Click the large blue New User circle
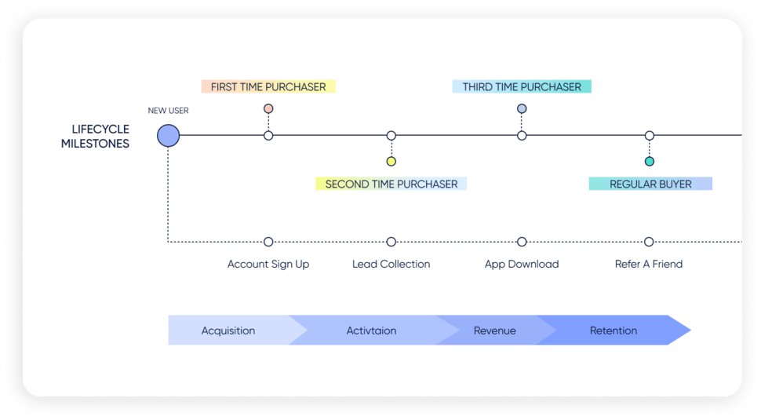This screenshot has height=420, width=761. click(x=168, y=136)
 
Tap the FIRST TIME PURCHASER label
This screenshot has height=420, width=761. click(x=268, y=86)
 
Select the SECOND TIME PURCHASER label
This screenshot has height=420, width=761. click(x=391, y=184)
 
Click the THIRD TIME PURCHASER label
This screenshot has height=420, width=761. click(x=522, y=86)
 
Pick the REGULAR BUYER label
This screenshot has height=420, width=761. click(x=650, y=184)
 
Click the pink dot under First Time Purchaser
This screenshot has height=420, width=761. click(x=268, y=109)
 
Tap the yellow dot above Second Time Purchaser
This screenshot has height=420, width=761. click(x=391, y=162)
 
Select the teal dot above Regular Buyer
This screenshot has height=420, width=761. click(x=649, y=162)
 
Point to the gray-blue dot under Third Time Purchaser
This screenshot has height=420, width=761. click(x=522, y=109)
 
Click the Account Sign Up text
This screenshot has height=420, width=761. click(x=268, y=265)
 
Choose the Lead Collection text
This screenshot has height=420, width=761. click(x=391, y=265)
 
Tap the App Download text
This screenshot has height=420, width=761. click(x=522, y=265)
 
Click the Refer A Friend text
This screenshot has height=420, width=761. click(x=649, y=265)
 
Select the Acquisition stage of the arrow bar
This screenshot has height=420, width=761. click(x=228, y=331)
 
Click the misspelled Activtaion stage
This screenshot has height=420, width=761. click(x=371, y=331)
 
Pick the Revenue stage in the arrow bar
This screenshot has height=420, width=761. click(x=495, y=331)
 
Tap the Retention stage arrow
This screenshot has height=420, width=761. click(x=614, y=331)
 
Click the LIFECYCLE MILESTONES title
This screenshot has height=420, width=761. click(x=95, y=137)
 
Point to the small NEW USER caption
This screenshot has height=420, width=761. click(x=168, y=111)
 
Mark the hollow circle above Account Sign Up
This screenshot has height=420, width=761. click(x=268, y=242)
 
